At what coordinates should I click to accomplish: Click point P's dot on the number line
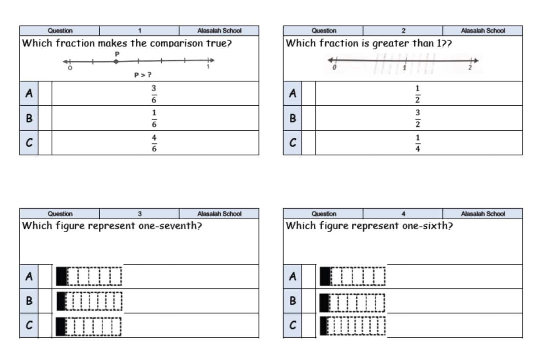(116, 62)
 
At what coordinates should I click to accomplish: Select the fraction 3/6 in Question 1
(154, 94)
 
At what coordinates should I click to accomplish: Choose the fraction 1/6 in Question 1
(154, 119)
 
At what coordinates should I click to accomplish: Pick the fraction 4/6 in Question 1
(154, 143)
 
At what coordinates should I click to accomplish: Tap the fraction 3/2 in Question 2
(417, 119)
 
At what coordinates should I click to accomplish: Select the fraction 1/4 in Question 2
(417, 143)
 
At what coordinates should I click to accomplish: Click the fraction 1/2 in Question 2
(417, 94)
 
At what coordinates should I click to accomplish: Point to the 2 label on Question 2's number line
(470, 68)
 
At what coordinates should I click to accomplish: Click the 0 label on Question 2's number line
(334, 68)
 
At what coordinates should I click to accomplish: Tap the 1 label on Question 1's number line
(208, 67)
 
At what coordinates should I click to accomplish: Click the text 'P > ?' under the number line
(143, 75)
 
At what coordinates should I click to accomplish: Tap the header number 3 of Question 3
(140, 214)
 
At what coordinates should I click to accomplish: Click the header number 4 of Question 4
(403, 214)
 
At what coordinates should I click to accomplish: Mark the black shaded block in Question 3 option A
(62, 276)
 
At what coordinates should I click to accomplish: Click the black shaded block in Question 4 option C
(323, 326)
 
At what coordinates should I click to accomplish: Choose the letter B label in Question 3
(29, 301)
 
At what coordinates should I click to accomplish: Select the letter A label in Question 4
(293, 276)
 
